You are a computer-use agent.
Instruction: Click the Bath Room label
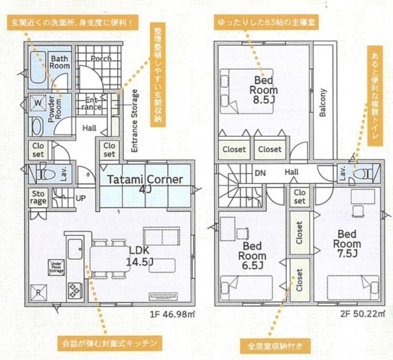coord(60,62)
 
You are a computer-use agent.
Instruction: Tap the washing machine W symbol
coord(38,102)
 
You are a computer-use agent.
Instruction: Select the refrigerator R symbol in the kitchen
coord(38,292)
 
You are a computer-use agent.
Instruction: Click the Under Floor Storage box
coord(56,267)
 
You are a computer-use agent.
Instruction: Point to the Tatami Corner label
coord(145,180)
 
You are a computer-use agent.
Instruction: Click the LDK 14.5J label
coord(139,256)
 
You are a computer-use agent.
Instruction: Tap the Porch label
coord(101,58)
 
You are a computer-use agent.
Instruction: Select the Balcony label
coord(322,102)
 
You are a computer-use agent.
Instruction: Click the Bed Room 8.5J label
coord(263,90)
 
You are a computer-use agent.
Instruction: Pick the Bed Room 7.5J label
coord(347,243)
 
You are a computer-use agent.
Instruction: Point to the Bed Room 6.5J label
coord(252,256)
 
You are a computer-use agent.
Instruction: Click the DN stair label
coord(260,173)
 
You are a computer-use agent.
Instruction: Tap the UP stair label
coord(81,198)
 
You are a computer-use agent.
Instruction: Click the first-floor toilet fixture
coord(46,173)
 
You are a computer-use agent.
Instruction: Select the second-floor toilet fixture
coord(364,173)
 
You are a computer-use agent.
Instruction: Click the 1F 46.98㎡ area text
coord(172,314)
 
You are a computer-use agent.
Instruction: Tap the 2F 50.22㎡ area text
coord(362,313)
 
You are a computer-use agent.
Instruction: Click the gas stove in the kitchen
coord(74,291)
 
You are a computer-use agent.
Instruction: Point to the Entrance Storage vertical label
coord(134,121)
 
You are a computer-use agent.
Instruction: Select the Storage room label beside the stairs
coord(38,197)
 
